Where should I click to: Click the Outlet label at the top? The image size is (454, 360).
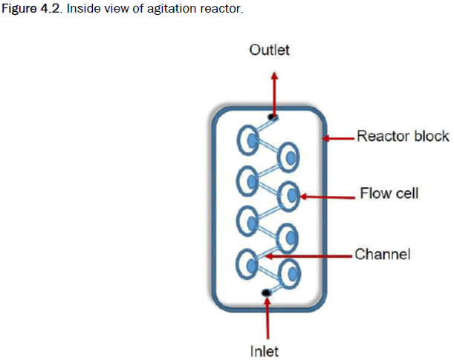[x=269, y=50]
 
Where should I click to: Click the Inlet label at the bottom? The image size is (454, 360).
[x=264, y=350]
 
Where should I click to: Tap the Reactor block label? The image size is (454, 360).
[x=403, y=136]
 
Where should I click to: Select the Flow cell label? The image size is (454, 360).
[x=389, y=194]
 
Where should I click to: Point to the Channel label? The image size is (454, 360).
[x=383, y=254]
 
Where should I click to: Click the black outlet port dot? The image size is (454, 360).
[x=273, y=117]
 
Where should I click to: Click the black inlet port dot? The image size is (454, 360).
[x=267, y=294]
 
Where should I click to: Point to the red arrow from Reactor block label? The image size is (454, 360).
[x=340, y=137]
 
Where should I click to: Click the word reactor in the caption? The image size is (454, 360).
[x=222, y=9]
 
